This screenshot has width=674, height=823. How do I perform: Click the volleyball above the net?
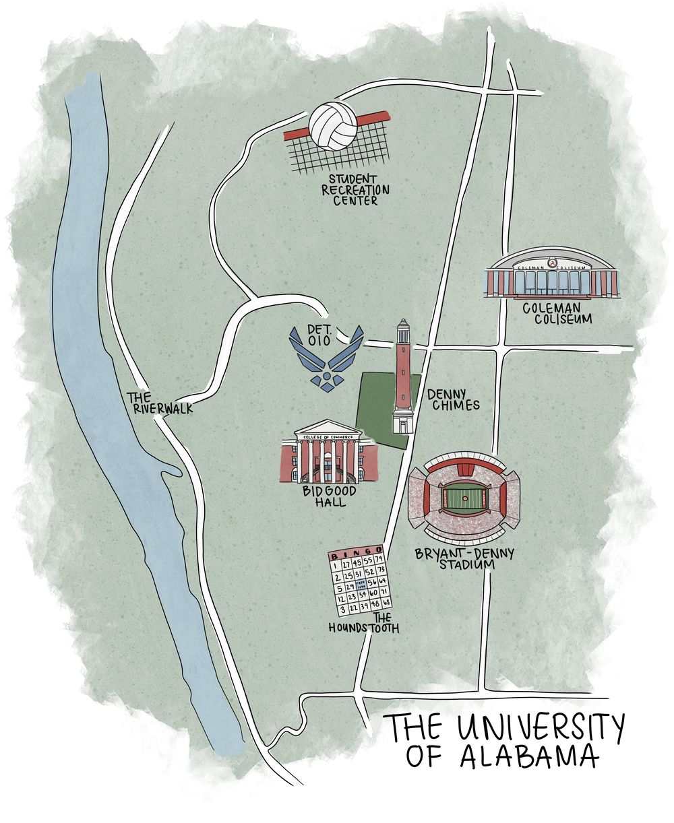point(333,127)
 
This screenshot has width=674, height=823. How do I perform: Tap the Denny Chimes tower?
point(403,377)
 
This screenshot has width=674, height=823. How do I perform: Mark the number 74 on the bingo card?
point(379,558)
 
